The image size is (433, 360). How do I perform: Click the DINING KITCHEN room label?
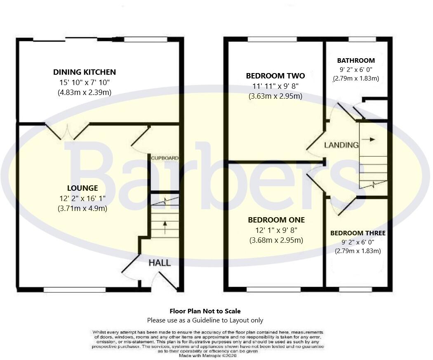point(84,72)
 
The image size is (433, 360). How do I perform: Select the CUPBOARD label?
point(165,158)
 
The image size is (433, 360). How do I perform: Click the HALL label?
point(160,263)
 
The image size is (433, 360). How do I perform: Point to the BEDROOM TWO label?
point(275,76)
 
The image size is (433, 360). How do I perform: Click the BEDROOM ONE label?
point(276,220)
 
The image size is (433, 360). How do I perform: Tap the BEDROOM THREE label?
point(358,233)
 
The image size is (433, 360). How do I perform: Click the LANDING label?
point(341,145)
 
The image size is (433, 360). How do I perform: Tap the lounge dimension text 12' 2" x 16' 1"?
point(83,198)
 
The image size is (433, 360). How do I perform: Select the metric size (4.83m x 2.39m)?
point(84,92)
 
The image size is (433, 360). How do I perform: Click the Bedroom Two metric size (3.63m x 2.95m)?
point(275,96)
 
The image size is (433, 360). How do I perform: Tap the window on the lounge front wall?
point(75,290)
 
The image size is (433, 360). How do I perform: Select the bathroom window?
point(362,39)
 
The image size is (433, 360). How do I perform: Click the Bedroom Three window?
point(355,290)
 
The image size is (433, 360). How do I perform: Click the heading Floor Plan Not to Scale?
point(205,311)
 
